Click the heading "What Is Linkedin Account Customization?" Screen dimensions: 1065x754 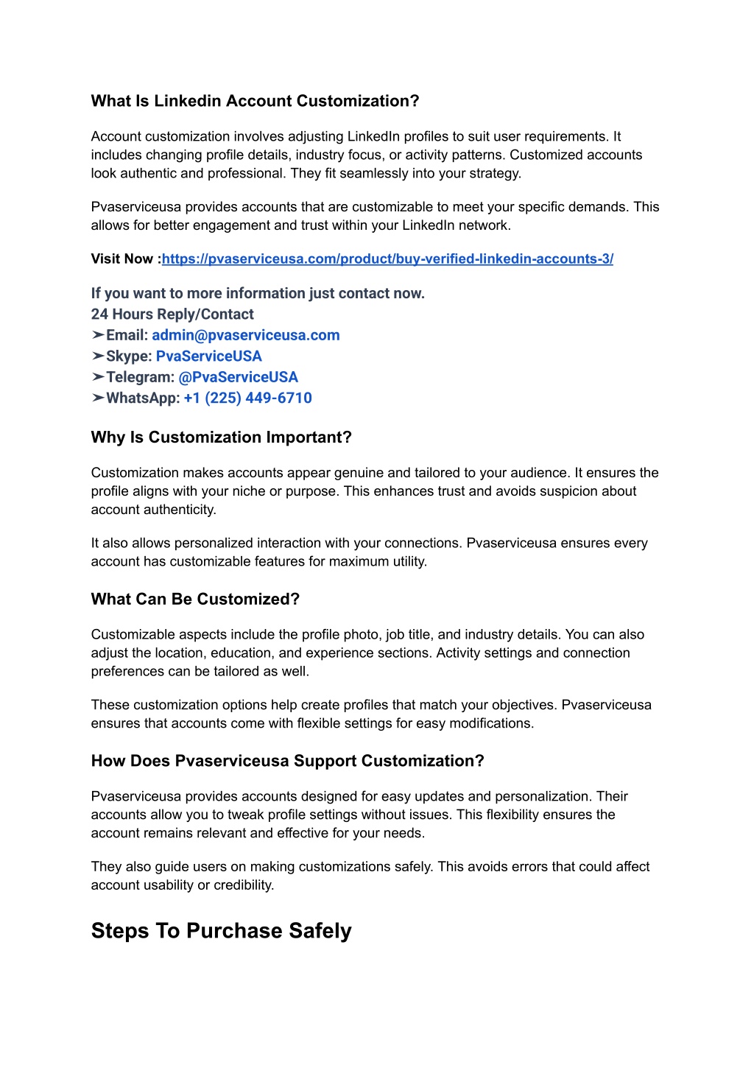tap(255, 101)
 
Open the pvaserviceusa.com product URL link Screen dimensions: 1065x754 tap(387, 259)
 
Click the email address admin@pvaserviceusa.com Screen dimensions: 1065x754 tap(246, 335)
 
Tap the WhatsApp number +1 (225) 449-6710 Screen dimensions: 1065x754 tap(247, 398)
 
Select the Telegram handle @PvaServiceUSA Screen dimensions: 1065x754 tap(238, 377)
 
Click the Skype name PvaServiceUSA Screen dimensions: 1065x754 tap(209, 356)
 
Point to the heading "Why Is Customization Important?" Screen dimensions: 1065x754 tap(221, 437)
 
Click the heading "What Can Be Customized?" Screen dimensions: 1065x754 tap(195, 600)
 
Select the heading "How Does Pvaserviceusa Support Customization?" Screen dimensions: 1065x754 tap(287, 761)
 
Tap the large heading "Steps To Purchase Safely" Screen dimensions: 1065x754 tap(221, 931)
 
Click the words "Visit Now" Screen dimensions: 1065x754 tap(122, 259)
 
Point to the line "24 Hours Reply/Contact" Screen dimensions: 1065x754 tap(172, 314)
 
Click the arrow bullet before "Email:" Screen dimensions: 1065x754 tap(98, 335)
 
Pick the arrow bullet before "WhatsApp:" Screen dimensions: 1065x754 tap(98, 398)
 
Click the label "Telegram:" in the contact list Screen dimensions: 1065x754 tap(140, 377)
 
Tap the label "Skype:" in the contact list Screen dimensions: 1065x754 tap(129, 356)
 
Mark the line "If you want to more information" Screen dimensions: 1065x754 tap(258, 293)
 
